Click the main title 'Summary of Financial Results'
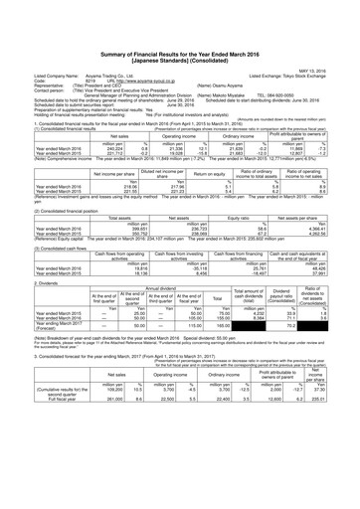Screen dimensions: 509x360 point(179,31)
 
